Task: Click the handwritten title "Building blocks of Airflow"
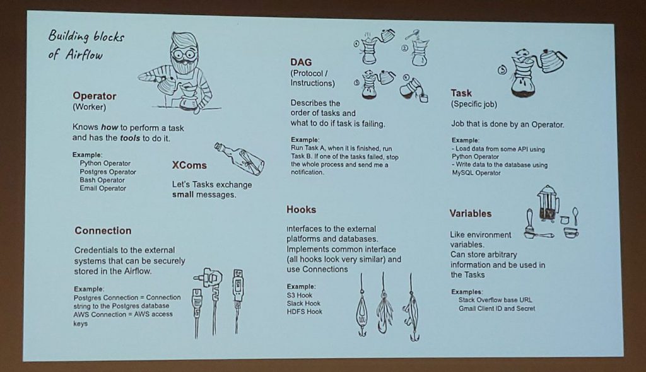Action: [86, 45]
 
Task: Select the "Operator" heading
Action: [95, 96]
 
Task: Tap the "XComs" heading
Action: [189, 165]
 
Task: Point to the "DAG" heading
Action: [301, 62]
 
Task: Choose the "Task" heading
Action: [461, 93]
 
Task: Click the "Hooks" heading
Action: [301, 210]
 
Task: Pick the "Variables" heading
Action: [471, 213]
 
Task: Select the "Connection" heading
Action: [103, 231]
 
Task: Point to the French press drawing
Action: [548, 204]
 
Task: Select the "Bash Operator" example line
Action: [102, 180]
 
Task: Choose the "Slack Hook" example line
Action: [303, 304]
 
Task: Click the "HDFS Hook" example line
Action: [305, 312]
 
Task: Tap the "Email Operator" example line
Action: [103, 189]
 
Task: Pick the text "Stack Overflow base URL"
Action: [495, 300]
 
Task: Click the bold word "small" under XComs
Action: [182, 194]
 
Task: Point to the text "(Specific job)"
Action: [474, 104]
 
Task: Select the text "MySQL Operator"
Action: [476, 173]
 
